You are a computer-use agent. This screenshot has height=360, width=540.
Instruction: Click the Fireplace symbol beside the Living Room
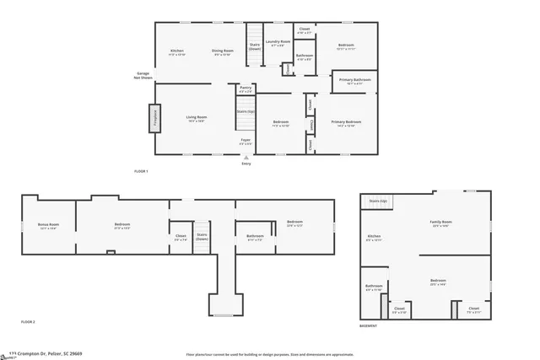coord(154,117)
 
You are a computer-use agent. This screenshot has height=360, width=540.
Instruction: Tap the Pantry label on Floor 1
coord(246,89)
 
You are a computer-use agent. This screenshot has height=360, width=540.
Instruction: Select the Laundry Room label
coord(278,43)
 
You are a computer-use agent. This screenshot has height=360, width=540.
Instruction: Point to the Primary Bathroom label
coord(350,82)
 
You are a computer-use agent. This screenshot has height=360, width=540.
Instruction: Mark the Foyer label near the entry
coord(246,141)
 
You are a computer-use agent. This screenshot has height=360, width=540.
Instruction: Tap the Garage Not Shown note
coord(143,76)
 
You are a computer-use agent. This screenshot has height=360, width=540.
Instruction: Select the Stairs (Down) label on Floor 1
coord(254,47)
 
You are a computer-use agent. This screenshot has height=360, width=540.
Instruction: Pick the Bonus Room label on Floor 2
coord(48,226)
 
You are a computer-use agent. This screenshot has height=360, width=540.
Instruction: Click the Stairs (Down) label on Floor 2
coord(202,237)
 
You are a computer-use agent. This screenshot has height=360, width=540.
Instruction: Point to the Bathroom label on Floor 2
coord(255,238)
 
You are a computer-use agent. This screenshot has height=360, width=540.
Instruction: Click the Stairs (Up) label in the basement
coord(377,201)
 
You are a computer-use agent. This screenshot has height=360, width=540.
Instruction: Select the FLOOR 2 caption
coord(29,322)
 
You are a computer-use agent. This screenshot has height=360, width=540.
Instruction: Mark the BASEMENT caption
coord(369,325)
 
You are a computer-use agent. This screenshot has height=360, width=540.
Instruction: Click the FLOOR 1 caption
coord(141,171)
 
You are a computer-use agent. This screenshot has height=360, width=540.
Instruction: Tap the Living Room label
coord(197,119)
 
